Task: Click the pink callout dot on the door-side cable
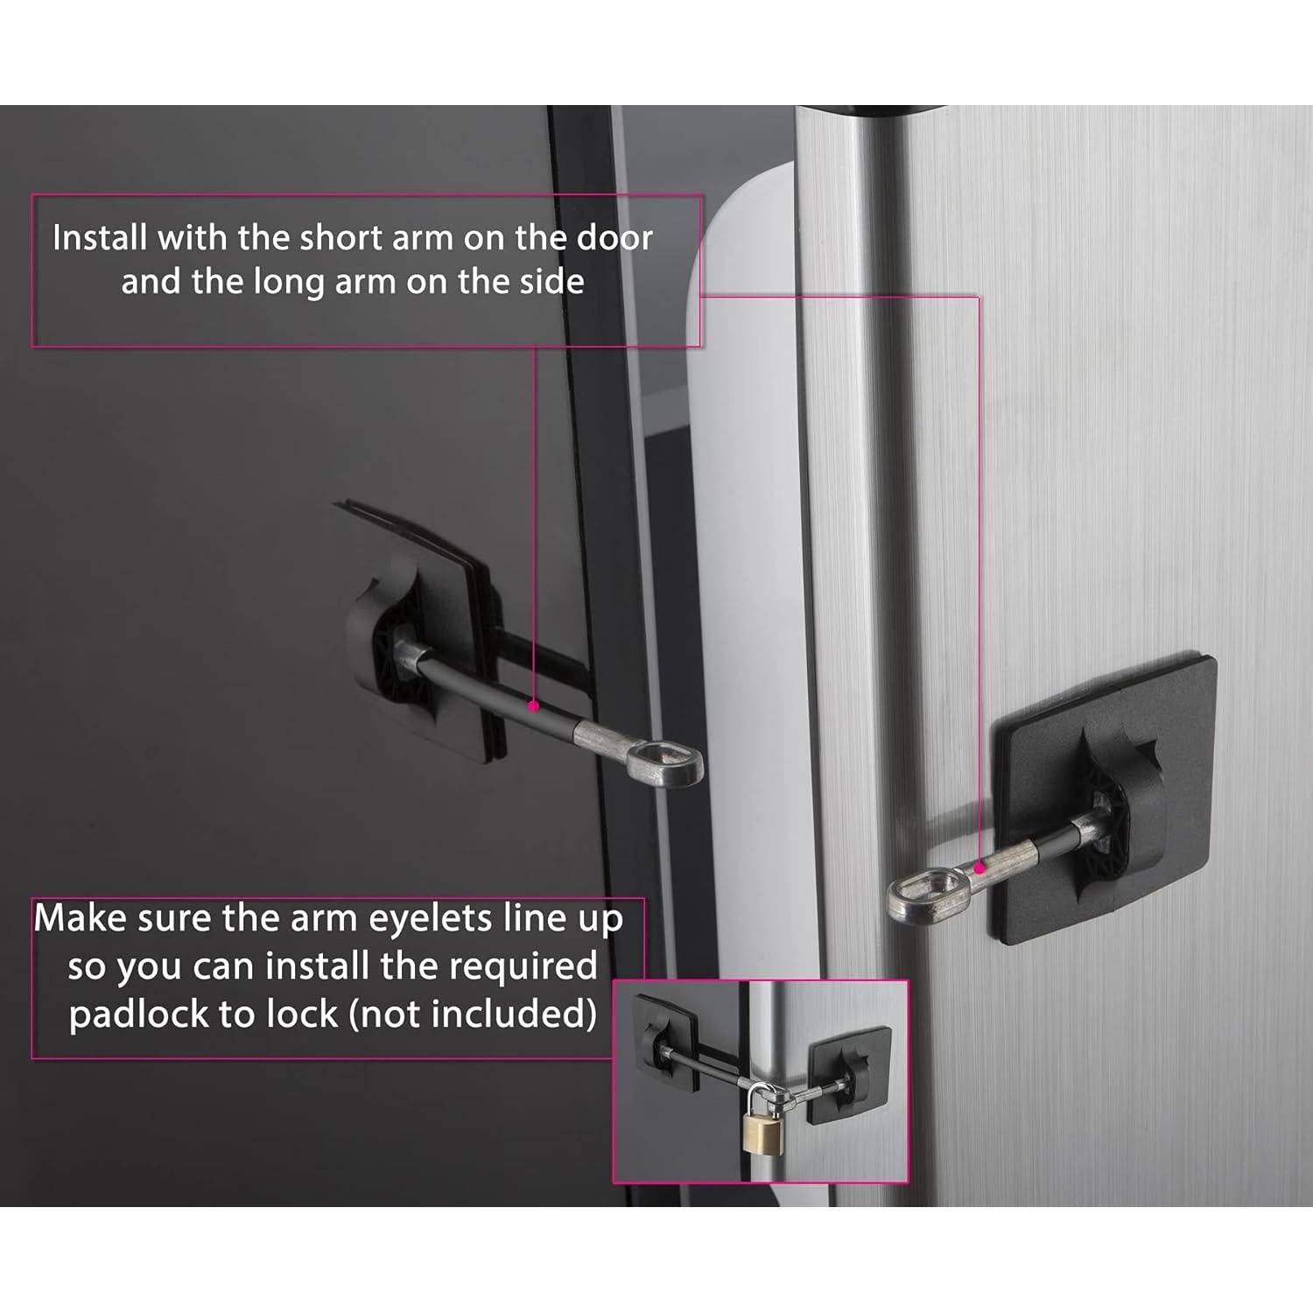(x=531, y=704)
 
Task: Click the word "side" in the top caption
(x=550, y=282)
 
